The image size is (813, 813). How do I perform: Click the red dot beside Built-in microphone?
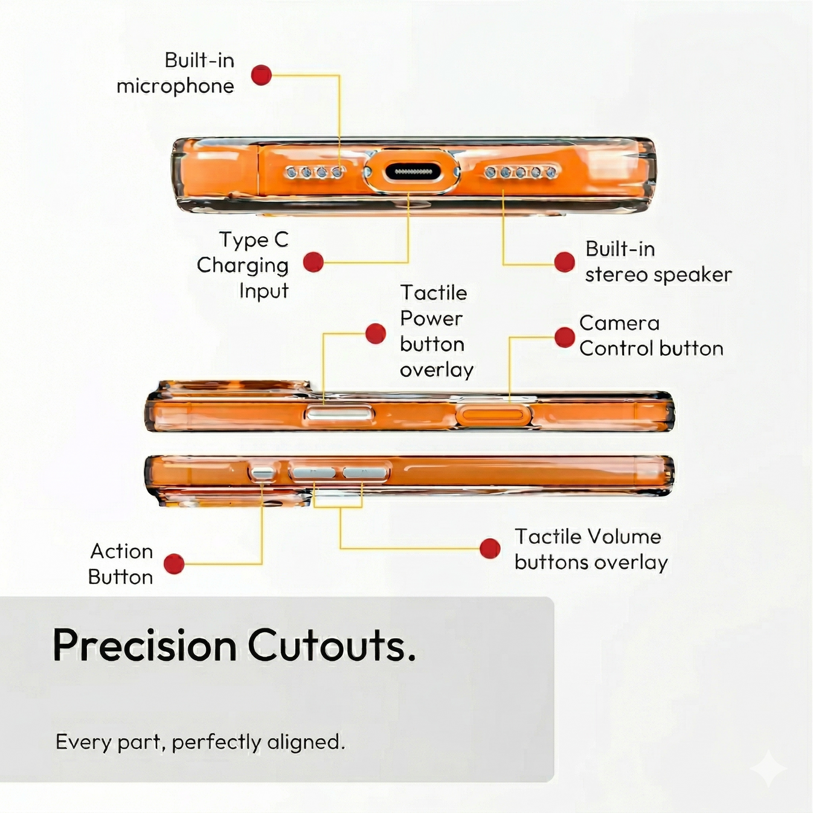pyautogui.click(x=261, y=75)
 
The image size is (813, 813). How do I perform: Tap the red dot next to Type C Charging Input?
pyautogui.click(x=313, y=262)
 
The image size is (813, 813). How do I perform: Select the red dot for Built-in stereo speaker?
pyautogui.click(x=565, y=262)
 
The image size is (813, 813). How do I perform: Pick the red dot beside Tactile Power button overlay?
pyautogui.click(x=376, y=334)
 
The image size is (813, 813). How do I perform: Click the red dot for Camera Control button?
pyautogui.click(x=565, y=337)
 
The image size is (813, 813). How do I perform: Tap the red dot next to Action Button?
pyautogui.click(x=174, y=564)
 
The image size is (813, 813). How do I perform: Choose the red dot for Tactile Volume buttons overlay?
pyautogui.click(x=490, y=548)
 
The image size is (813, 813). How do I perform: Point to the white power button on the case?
pyautogui.click(x=340, y=414)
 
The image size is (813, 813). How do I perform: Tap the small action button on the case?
pyautogui.click(x=262, y=472)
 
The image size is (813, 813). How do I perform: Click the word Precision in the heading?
pyautogui.click(x=145, y=646)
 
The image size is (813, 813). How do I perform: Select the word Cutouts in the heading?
pyautogui.click(x=327, y=646)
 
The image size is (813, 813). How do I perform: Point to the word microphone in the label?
pyautogui.click(x=175, y=87)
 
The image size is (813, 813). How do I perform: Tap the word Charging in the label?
pyautogui.click(x=243, y=266)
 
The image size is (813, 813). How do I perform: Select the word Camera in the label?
pyautogui.click(x=619, y=324)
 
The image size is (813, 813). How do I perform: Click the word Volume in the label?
pyautogui.click(x=625, y=536)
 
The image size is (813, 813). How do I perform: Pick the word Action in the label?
pyautogui.click(x=122, y=551)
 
